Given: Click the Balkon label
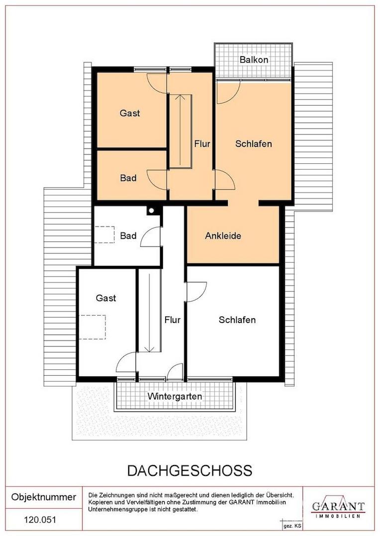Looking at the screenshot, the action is point(254,60).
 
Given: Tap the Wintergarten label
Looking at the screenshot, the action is point(175,397).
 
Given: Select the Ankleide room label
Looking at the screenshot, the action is point(223,236).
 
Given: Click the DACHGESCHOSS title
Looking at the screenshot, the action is point(190,470).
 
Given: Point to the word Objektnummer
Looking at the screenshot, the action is point(44,497).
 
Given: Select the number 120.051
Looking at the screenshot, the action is point(40,520).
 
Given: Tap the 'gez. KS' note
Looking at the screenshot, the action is point(292,526).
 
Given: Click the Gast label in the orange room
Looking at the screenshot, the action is point(130,113).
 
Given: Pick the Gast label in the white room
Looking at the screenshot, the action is point(106,298).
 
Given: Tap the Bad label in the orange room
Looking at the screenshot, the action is point(128,178).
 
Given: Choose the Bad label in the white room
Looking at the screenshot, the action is point(128,236).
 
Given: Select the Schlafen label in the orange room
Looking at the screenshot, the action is point(254,143).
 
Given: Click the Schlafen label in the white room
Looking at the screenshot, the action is point(237,320).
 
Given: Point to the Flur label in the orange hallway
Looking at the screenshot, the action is point(202,143).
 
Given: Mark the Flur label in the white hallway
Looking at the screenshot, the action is point(173,320).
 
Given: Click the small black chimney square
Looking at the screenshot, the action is point(151,210).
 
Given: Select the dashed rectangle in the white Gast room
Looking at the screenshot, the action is point(93,327).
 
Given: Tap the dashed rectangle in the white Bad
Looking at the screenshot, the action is point(104,234).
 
